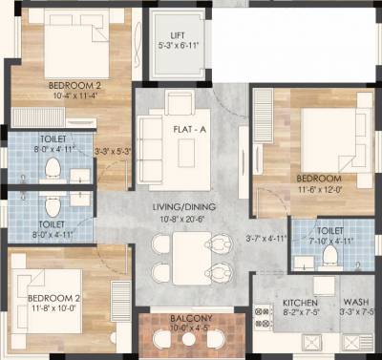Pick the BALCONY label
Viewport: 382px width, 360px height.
pos(184,319)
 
